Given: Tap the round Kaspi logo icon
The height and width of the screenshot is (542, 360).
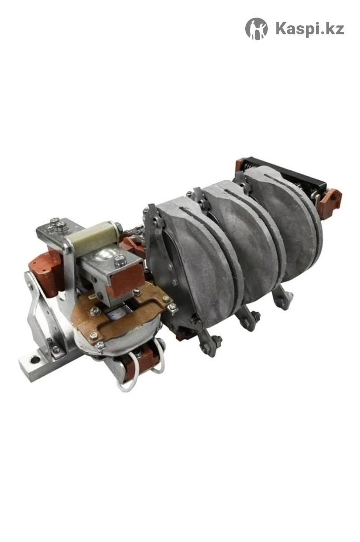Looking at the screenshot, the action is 257,28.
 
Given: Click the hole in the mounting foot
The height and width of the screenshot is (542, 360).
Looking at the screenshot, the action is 36,360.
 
